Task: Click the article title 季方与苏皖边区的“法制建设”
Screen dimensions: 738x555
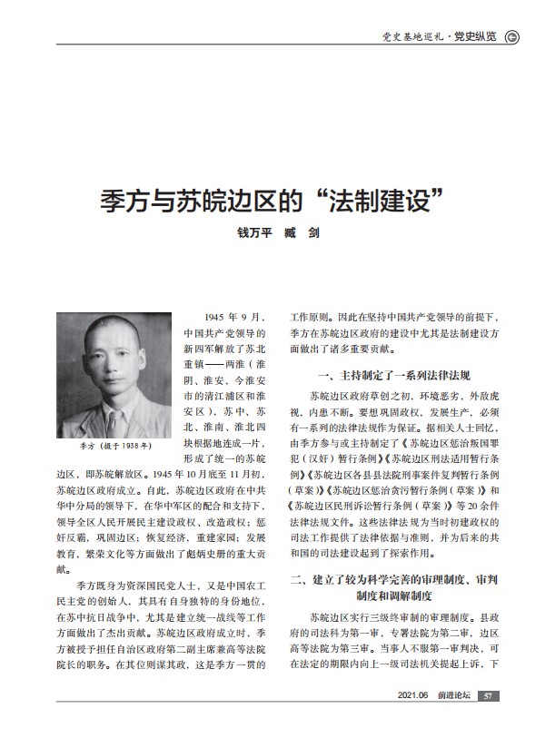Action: click(x=276, y=200)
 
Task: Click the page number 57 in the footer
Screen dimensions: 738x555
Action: click(x=488, y=695)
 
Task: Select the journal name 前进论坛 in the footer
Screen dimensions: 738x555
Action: click(x=454, y=695)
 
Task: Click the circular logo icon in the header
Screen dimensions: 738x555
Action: click(x=511, y=36)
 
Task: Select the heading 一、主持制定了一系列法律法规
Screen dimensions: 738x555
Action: click(x=392, y=375)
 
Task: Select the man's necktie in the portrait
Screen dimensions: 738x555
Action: click(x=112, y=418)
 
